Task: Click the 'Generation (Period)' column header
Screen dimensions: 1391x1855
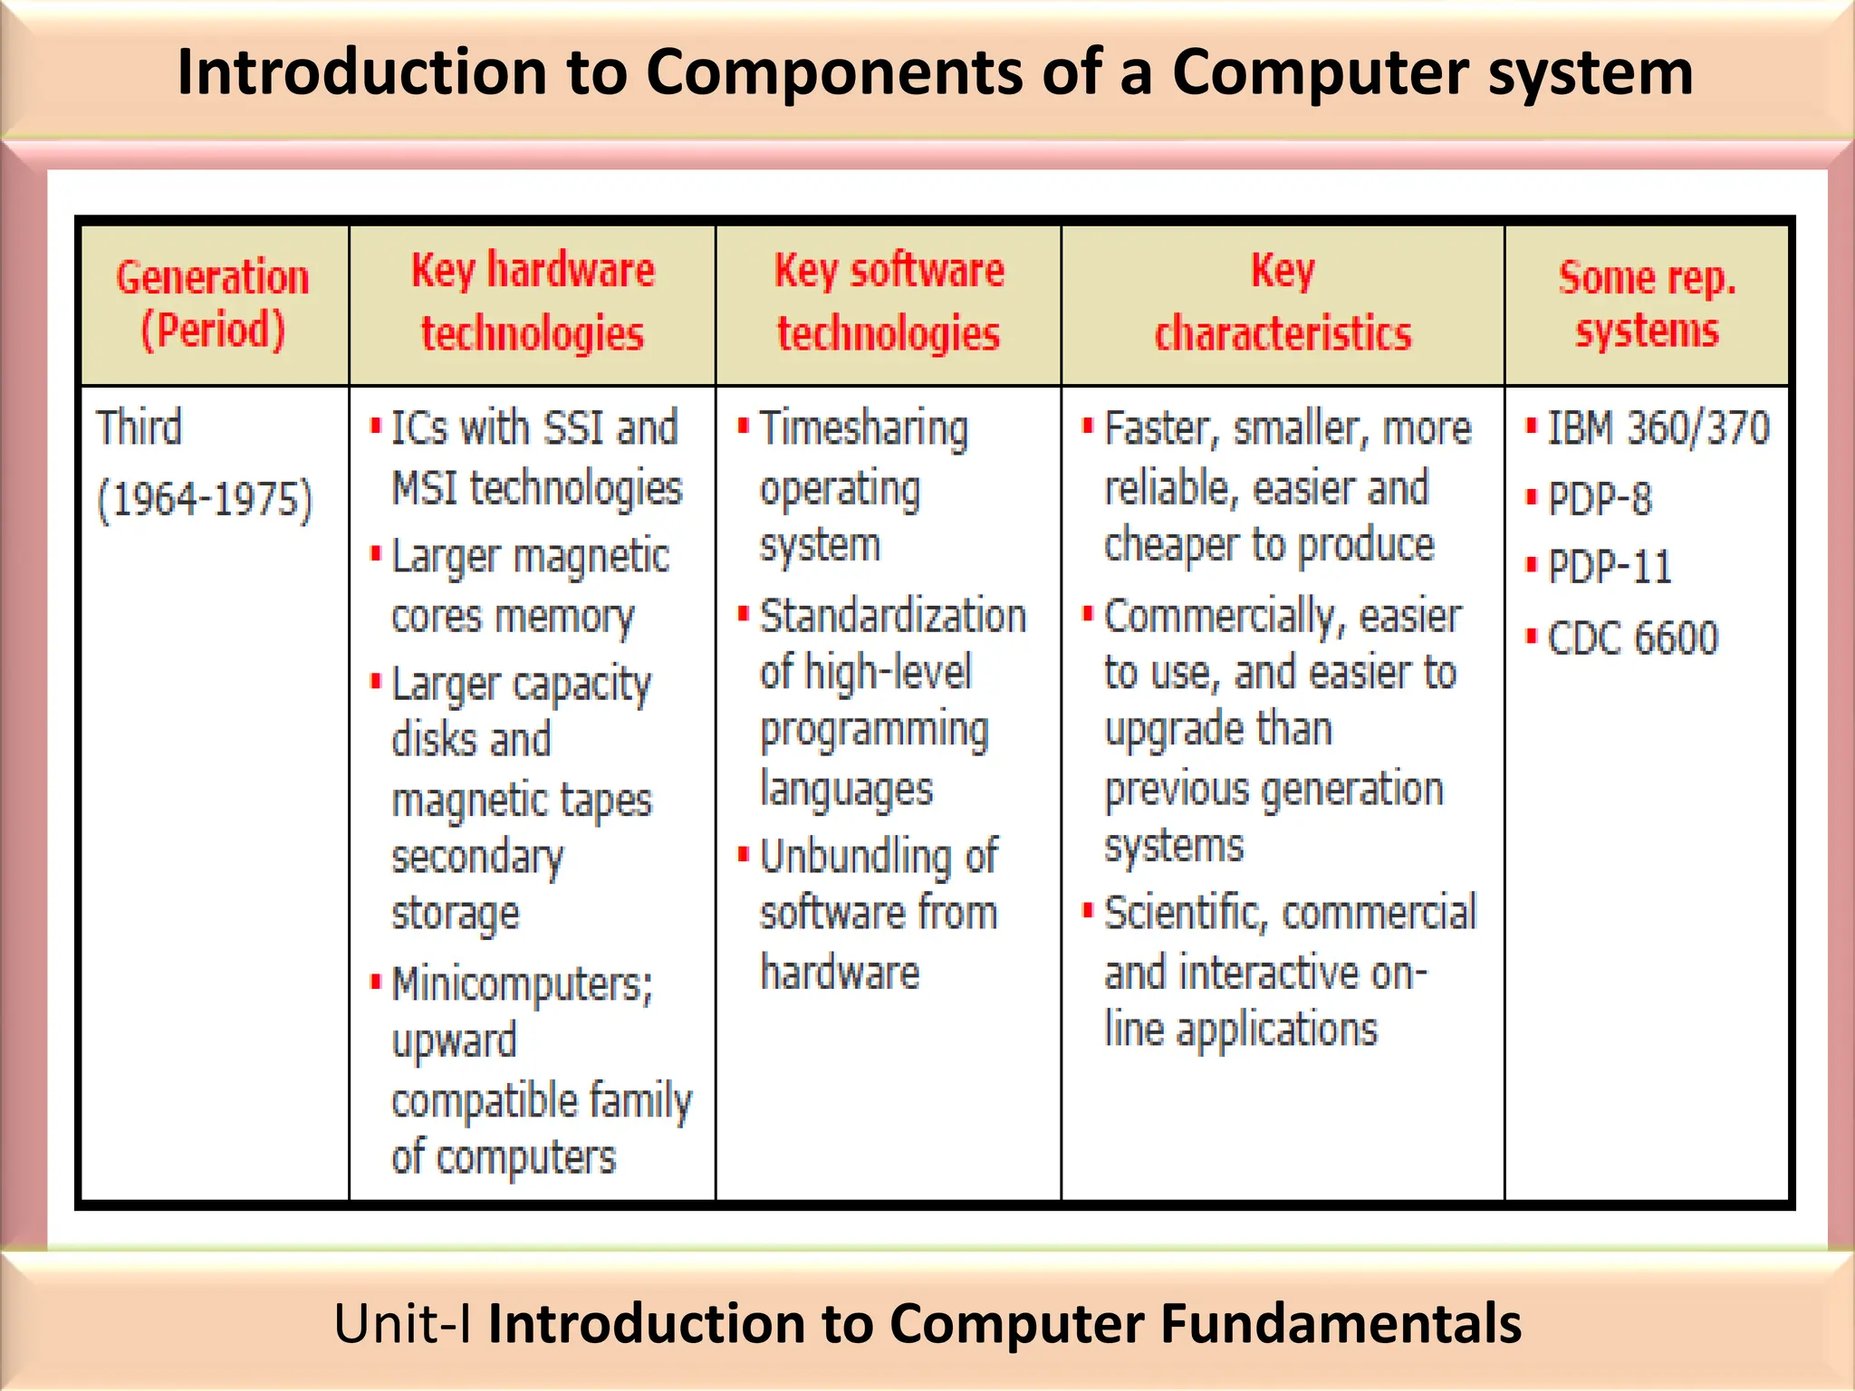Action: (x=213, y=303)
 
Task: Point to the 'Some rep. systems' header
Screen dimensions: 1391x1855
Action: (x=1647, y=303)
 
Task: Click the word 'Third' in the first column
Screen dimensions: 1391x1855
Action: (x=139, y=427)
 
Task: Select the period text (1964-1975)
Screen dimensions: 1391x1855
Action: (x=205, y=500)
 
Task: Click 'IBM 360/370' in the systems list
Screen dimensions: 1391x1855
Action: (x=1658, y=427)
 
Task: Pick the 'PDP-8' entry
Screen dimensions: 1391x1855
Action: (x=1600, y=498)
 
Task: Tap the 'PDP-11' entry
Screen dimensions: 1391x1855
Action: (x=1610, y=568)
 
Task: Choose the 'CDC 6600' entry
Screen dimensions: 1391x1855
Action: (x=1632, y=638)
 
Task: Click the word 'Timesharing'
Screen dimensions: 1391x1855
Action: (x=863, y=429)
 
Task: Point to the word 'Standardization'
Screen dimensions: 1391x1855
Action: (x=893, y=617)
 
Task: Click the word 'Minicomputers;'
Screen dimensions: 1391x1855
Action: (x=522, y=984)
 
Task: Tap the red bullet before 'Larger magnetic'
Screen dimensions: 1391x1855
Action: (x=376, y=553)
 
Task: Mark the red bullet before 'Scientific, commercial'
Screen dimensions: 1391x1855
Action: (x=1088, y=909)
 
